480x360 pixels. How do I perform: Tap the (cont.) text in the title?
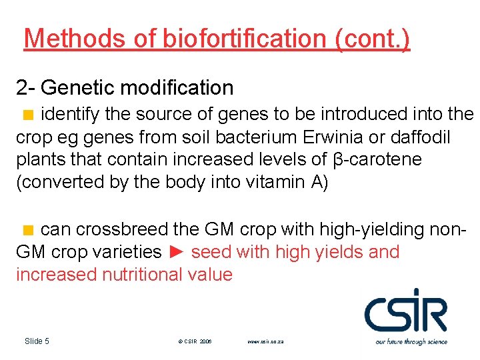(x=373, y=39)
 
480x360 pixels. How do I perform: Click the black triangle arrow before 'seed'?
(x=176, y=253)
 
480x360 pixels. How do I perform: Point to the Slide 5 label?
(x=37, y=341)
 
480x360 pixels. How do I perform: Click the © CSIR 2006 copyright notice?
(x=195, y=341)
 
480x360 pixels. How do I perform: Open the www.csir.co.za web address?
(x=266, y=341)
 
